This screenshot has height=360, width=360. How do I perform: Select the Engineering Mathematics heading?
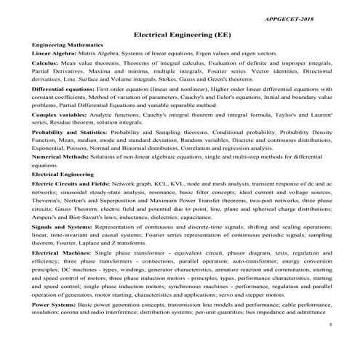click(68, 45)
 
